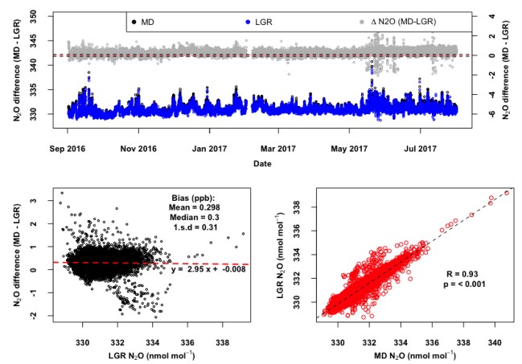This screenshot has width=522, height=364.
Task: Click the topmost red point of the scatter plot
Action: click(507, 193)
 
